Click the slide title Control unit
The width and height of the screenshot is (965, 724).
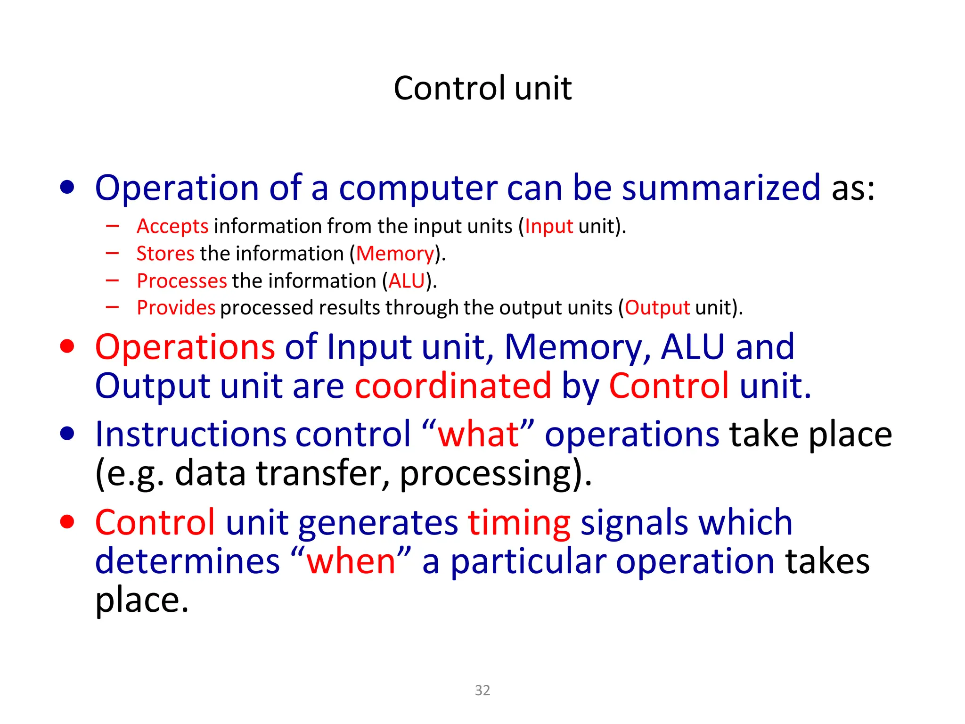(x=482, y=88)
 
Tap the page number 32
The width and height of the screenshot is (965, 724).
(x=482, y=690)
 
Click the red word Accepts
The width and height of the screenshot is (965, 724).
(x=172, y=226)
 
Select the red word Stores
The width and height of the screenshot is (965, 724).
(x=165, y=254)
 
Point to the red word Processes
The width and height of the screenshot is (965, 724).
(x=182, y=281)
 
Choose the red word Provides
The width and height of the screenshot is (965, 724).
(x=176, y=308)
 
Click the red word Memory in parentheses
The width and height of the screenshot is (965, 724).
(x=395, y=254)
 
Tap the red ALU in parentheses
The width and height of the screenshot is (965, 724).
(x=407, y=281)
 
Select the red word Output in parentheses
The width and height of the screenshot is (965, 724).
(x=657, y=308)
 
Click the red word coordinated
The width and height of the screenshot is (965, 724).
(x=453, y=386)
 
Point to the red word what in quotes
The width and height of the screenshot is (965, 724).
(x=478, y=434)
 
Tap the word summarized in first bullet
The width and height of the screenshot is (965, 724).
(x=721, y=188)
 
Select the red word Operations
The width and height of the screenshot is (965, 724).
(x=185, y=347)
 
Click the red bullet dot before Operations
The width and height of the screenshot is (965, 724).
(x=67, y=346)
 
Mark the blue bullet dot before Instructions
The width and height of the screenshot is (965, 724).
(x=67, y=434)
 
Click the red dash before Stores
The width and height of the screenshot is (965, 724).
(x=113, y=254)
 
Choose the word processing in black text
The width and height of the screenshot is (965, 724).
(x=485, y=473)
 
